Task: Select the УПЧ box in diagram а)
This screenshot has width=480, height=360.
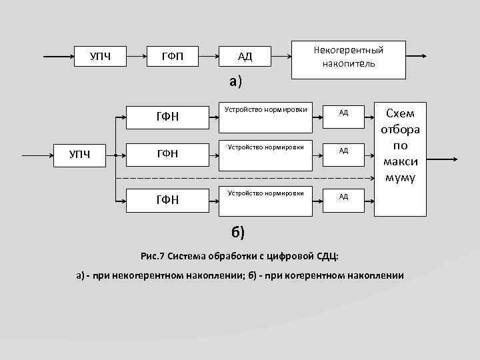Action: [x=100, y=56]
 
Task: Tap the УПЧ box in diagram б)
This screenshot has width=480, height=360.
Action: [x=81, y=155]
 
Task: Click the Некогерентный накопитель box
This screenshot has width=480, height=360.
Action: [x=349, y=57]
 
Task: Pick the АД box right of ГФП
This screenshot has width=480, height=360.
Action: [x=245, y=56]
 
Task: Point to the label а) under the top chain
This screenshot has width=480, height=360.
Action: [x=235, y=81]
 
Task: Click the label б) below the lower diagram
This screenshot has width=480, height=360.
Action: [x=238, y=232]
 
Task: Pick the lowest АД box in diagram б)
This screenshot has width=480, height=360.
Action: [x=343, y=197]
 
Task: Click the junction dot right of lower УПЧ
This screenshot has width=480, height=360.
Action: [x=115, y=155]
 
